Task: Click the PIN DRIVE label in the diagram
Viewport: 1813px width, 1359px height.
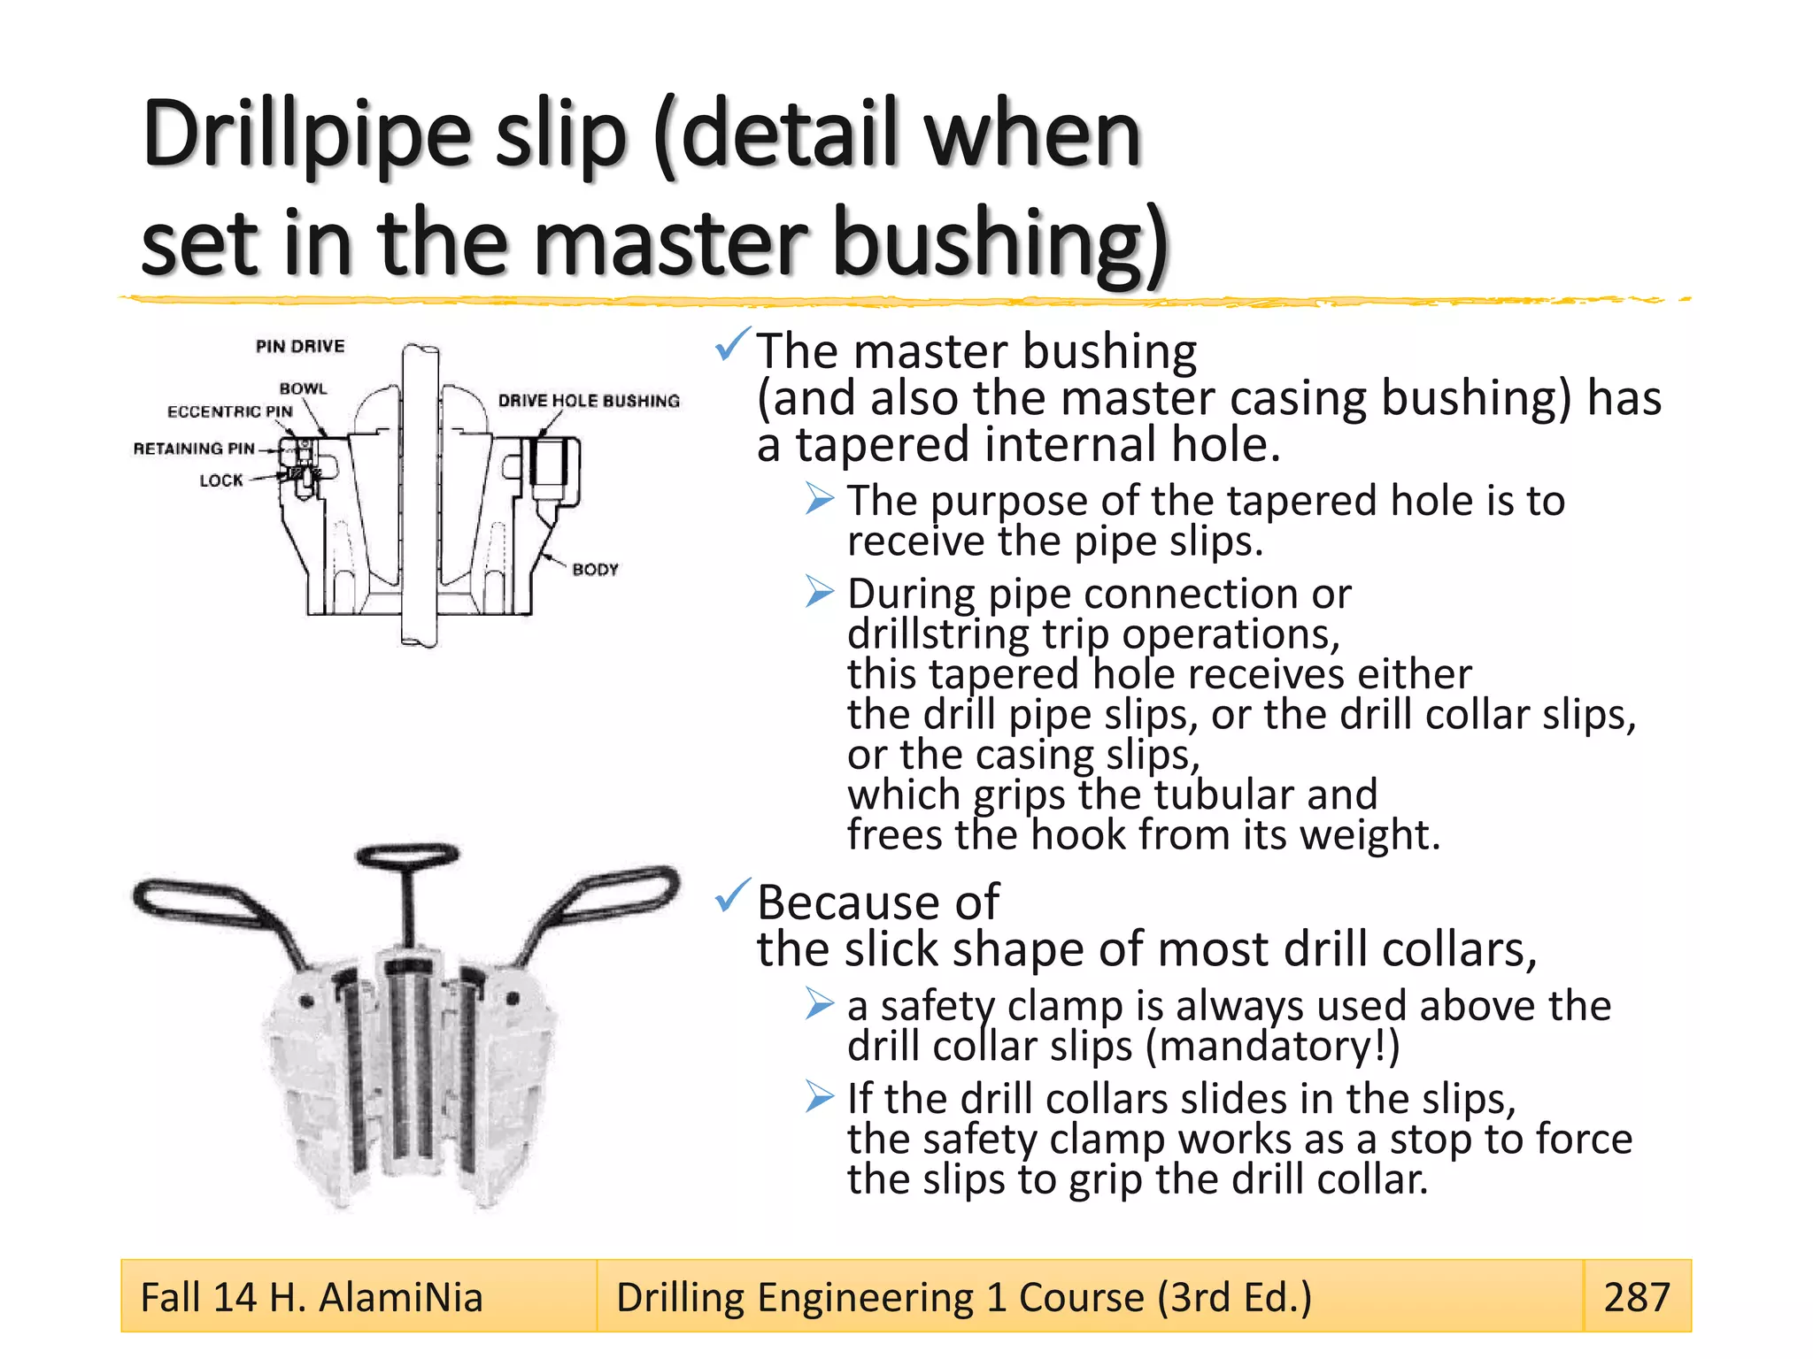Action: (300, 346)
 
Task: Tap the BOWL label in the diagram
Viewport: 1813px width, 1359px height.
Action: (303, 388)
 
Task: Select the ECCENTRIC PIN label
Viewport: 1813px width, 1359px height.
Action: (229, 411)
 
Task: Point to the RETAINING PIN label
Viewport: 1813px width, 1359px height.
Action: (194, 449)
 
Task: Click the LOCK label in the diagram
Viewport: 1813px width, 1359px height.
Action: (220, 480)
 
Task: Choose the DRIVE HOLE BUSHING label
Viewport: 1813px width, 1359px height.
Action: (589, 401)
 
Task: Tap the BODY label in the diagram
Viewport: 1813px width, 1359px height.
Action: (595, 569)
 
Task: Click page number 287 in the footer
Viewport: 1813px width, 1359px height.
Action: (1636, 1297)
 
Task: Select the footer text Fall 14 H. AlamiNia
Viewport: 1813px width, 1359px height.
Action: (312, 1297)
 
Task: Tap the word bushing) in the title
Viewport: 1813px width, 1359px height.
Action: (1000, 243)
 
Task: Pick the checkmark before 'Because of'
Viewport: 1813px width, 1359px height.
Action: (732, 895)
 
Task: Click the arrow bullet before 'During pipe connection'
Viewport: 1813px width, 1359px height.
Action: (820, 591)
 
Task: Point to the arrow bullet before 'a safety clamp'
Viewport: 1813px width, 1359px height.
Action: (820, 1003)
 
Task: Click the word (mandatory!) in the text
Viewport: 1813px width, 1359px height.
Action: (1273, 1047)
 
